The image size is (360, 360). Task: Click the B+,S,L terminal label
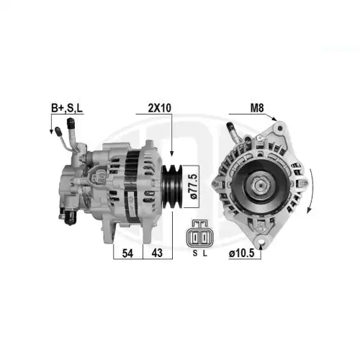[x=67, y=108]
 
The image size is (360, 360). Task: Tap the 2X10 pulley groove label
[x=160, y=108]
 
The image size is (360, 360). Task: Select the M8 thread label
[x=257, y=108]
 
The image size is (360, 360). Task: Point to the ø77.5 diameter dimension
[x=193, y=186]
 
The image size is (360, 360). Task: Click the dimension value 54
[x=127, y=253]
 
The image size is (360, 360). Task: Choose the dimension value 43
[x=157, y=253]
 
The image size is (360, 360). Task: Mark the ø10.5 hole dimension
[x=241, y=253]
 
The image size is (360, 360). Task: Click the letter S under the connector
[x=195, y=253]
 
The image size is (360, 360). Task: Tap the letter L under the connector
[x=204, y=253]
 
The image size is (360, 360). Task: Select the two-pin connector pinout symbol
[x=200, y=233]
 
